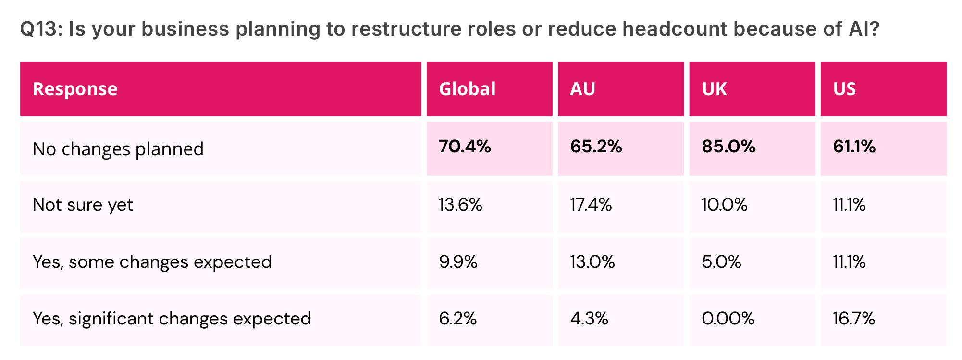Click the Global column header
click(x=467, y=89)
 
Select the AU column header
click(x=582, y=89)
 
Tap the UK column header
click(x=714, y=89)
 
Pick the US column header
click(x=844, y=89)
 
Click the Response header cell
click(x=75, y=89)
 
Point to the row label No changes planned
click(x=118, y=149)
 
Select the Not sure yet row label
click(x=83, y=205)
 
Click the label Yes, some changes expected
click(x=152, y=262)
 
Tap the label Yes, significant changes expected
click(x=172, y=319)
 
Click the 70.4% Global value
click(x=465, y=147)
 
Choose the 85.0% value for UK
click(x=728, y=147)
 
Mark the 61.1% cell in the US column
click(x=854, y=147)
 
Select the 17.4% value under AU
click(x=591, y=205)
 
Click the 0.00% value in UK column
click(x=728, y=319)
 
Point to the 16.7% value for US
click(x=854, y=319)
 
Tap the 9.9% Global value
click(x=458, y=262)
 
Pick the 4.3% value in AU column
click(x=589, y=319)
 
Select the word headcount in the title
click(x=675, y=29)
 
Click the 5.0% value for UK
click(x=721, y=262)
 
